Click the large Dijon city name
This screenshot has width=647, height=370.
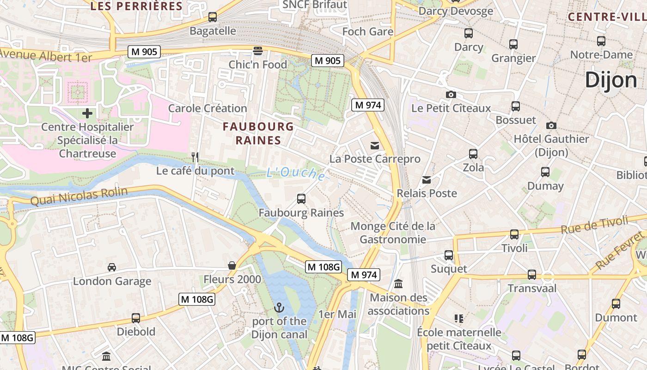(611, 80)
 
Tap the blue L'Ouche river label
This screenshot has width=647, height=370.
(296, 173)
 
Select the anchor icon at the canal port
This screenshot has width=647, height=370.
(279, 308)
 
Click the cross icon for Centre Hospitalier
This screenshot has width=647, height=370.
(87, 113)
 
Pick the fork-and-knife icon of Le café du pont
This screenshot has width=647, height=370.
(195, 157)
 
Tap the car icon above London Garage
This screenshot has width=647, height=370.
(112, 267)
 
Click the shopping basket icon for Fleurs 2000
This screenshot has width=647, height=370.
(232, 265)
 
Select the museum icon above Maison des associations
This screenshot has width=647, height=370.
(398, 284)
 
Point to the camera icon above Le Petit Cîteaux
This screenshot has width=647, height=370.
(451, 95)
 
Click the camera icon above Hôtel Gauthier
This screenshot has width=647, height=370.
(551, 125)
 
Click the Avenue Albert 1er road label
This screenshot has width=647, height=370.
(46, 56)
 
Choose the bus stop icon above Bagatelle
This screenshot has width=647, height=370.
(213, 17)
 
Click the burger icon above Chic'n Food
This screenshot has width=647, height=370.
(257, 50)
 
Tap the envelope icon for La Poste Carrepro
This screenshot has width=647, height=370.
(375, 146)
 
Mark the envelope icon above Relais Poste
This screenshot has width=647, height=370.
(427, 180)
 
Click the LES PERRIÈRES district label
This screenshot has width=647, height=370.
(136, 6)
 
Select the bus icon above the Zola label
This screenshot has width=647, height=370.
(473, 154)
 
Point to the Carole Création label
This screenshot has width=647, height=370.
(208, 108)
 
